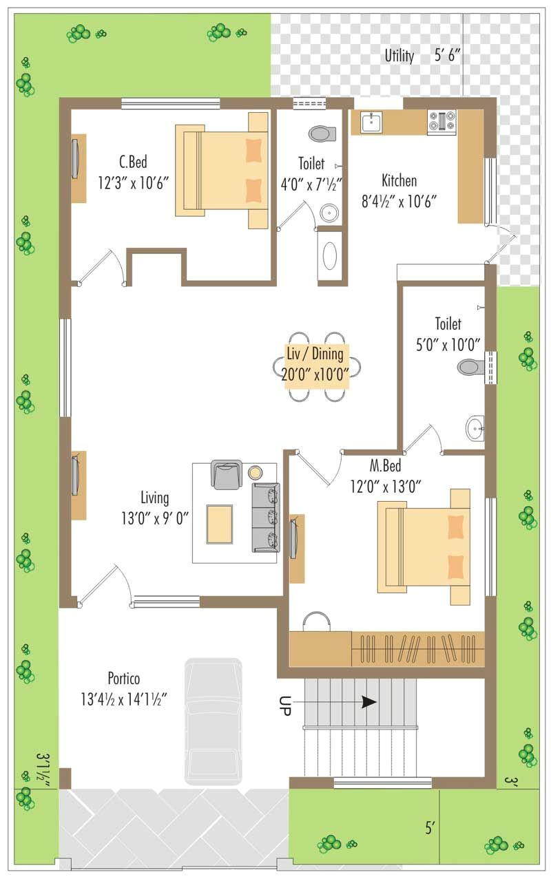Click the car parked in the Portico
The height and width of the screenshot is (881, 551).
[213, 719]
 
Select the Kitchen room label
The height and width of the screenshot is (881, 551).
[399, 181]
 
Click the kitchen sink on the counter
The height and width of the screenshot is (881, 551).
[371, 123]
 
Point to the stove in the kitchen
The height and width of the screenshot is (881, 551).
[441, 123]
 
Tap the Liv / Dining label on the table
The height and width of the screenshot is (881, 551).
[317, 355]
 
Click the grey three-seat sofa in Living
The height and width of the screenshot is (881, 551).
[266, 517]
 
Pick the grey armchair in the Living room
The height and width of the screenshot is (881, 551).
[227, 474]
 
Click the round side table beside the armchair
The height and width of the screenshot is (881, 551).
[256, 472]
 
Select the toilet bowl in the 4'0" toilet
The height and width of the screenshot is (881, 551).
[322, 133]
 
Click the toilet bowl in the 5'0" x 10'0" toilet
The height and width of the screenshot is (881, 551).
[471, 366]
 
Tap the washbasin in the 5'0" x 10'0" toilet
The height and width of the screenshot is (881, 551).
[475, 428]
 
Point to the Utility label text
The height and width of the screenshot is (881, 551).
[399, 56]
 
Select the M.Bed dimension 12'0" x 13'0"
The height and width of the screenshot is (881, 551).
[385, 486]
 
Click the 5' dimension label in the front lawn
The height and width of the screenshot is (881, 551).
[430, 828]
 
